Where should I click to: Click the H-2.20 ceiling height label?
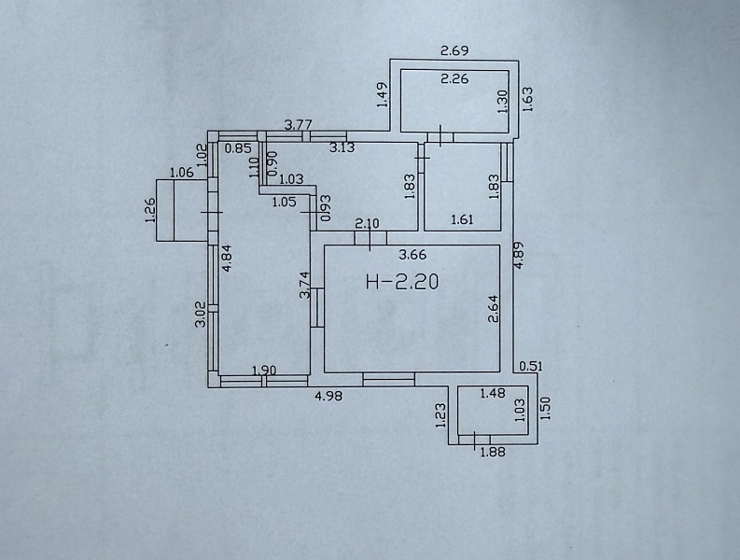(x=402, y=282)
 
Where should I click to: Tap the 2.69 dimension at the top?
(x=454, y=50)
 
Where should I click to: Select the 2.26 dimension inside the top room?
(x=454, y=78)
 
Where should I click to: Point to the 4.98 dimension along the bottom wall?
(x=328, y=396)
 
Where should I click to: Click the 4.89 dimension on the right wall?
(x=519, y=256)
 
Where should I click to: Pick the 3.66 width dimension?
(x=412, y=255)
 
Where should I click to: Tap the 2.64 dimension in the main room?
(x=493, y=309)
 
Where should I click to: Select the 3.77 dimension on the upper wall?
(x=299, y=125)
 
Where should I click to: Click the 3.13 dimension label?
(x=342, y=147)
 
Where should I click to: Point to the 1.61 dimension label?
(x=462, y=219)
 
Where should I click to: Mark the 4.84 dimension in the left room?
(x=227, y=258)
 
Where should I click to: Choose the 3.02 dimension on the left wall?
(x=201, y=314)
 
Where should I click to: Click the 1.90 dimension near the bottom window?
(x=264, y=371)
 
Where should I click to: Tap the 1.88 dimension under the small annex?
(x=493, y=453)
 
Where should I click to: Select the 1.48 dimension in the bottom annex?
(x=493, y=393)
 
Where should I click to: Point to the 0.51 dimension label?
(x=531, y=366)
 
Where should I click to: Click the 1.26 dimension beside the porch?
(x=150, y=211)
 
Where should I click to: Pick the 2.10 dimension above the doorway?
(x=367, y=222)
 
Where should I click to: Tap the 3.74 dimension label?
(x=304, y=285)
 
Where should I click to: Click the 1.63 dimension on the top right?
(x=527, y=99)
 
